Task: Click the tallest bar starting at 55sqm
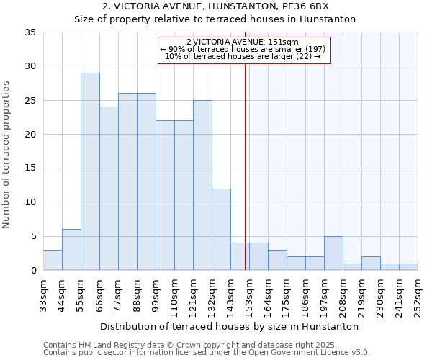click(x=90, y=171)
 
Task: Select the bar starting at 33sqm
click(x=53, y=260)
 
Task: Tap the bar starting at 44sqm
click(x=71, y=250)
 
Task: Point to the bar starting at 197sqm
click(x=333, y=253)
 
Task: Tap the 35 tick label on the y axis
click(x=30, y=32)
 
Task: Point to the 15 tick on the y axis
click(x=30, y=168)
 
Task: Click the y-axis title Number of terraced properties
click(x=7, y=154)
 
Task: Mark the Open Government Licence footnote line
click(x=207, y=353)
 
